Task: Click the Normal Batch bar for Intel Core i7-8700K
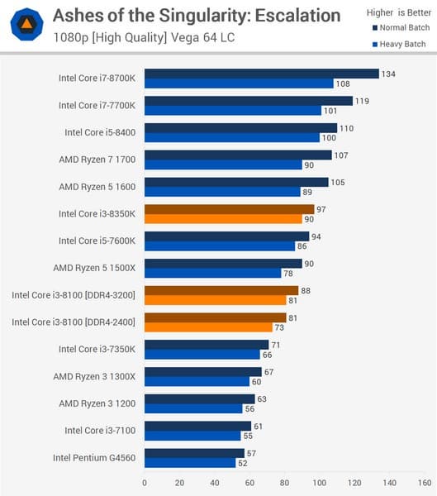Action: [261, 74]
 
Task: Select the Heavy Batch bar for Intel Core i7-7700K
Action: [232, 111]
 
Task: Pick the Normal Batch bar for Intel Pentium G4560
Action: [194, 452]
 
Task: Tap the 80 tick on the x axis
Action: [285, 482]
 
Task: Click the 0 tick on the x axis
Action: [145, 482]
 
